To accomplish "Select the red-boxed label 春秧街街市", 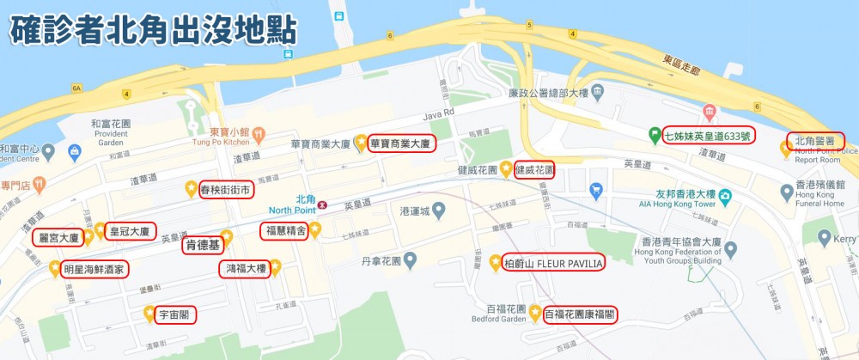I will pos(226,189).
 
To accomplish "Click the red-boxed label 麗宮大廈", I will pos(59,237).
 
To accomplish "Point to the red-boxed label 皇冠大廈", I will pos(130,232).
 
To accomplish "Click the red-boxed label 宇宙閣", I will pos(175,314).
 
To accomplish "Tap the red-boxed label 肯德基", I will pos(203,245).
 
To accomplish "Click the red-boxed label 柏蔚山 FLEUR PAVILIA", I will pos(553,262).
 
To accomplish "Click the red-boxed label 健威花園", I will pos(534,169).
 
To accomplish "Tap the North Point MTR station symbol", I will pos(322,204).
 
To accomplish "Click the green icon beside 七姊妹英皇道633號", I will pos(655,134).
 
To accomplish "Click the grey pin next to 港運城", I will pos(438,209).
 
